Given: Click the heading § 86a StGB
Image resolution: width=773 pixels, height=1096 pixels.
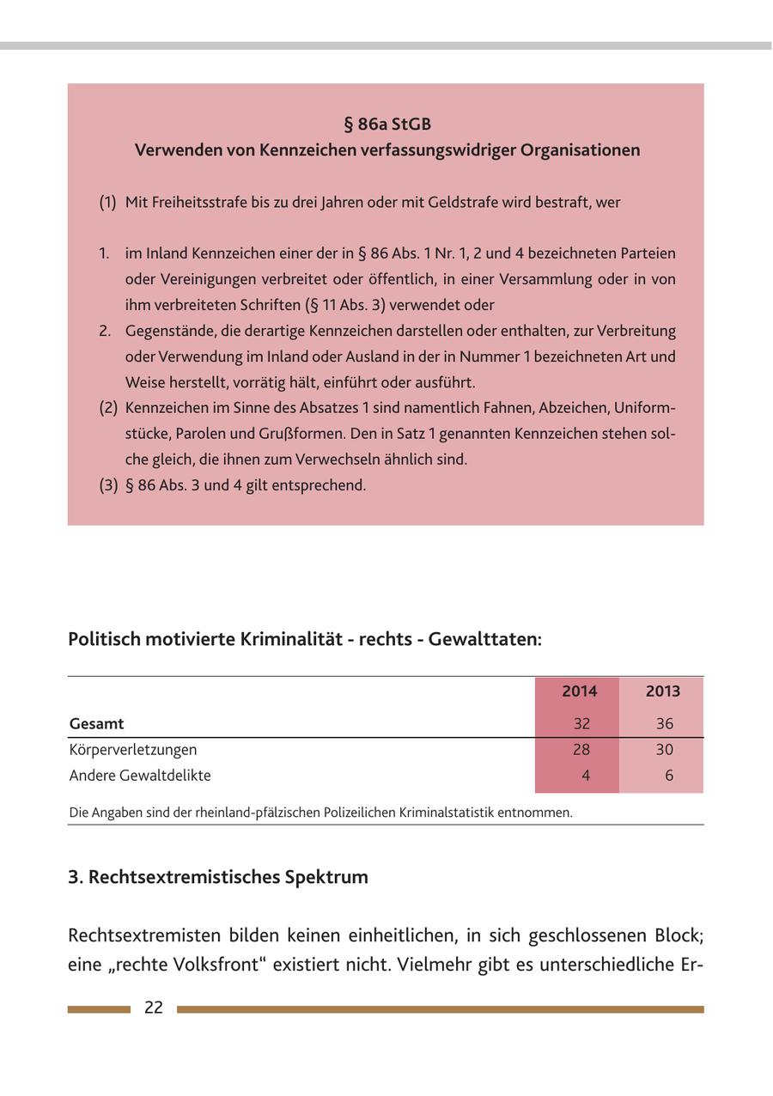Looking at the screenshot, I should pyautogui.click(x=386, y=125).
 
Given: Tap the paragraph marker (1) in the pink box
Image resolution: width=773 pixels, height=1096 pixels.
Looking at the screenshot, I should pyautogui.click(x=107, y=203).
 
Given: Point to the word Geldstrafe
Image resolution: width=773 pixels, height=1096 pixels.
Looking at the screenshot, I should pyautogui.click(x=510, y=203).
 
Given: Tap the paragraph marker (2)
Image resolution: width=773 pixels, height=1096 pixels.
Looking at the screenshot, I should pyautogui.click(x=107, y=408).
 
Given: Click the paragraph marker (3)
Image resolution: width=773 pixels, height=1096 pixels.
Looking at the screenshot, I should pyautogui.click(x=107, y=485).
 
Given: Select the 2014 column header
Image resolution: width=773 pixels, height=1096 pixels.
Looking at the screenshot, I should pyautogui.click(x=579, y=691).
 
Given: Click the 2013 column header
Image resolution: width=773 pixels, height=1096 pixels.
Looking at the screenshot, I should pyautogui.click(x=662, y=691).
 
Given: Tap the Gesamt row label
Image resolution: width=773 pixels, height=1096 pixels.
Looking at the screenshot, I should pyautogui.click(x=97, y=724).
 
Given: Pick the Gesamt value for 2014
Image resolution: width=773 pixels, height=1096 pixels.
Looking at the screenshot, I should pyautogui.click(x=581, y=724).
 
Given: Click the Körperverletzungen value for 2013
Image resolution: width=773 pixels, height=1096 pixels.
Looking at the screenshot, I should pyautogui.click(x=665, y=750).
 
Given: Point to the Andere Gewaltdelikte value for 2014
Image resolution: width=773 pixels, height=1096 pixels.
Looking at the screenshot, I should pyautogui.click(x=586, y=776).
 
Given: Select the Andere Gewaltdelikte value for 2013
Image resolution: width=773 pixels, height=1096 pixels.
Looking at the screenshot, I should pyautogui.click(x=669, y=776).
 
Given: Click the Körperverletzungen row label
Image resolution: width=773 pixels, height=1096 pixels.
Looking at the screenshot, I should pyautogui.click(x=133, y=750).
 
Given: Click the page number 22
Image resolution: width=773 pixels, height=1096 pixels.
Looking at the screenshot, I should pyautogui.click(x=154, y=1008).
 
